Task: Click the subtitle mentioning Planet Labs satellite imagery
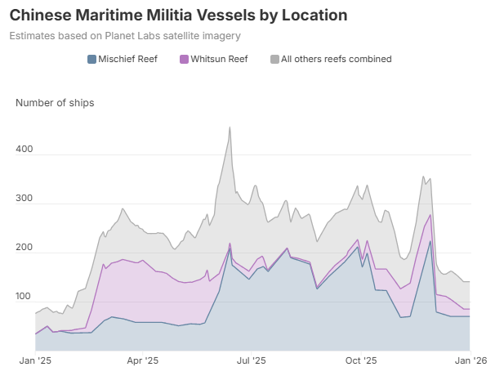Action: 125,36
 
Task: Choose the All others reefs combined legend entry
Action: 335,59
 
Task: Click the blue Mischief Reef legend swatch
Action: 91,59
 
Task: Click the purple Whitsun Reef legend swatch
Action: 183,59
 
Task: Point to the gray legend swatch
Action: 274,59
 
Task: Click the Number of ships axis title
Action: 55,102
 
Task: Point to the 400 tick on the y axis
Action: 25,150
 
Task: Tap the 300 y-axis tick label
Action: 25,199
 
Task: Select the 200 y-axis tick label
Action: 25,248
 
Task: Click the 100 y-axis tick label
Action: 25,298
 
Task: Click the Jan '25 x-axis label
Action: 36,360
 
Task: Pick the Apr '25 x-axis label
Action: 142,360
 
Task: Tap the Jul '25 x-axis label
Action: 251,360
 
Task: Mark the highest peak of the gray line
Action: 230,128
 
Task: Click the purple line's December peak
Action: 430,215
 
